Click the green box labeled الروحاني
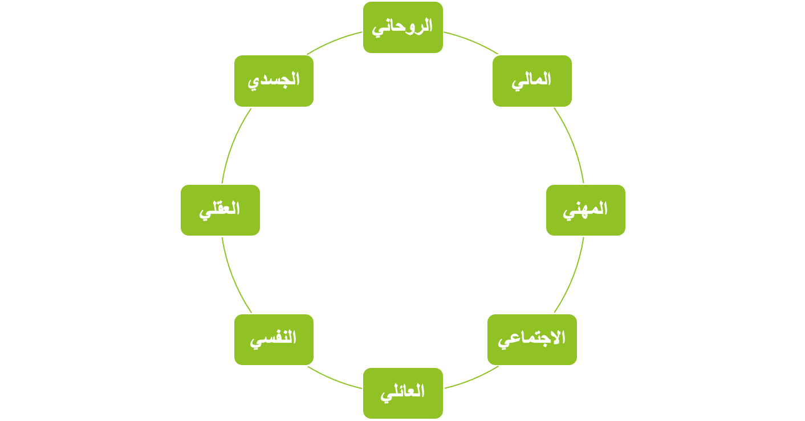pos(402,27)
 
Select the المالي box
pos(532,80)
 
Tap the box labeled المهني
pos(586,210)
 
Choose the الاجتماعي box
pos(532,339)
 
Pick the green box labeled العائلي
pos(402,393)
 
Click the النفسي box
pos(274,339)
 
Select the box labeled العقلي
pos(220,210)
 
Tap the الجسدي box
pos(274,80)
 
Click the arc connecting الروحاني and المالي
pos(470,41)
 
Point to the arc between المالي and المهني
pos(571,143)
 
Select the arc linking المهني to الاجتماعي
pos(571,277)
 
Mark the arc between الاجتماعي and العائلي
pos(470,379)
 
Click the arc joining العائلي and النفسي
pos(335,379)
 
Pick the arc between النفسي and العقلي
pos(234,277)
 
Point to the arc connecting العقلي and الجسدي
pos(234,143)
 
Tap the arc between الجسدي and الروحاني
pos(335,41)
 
